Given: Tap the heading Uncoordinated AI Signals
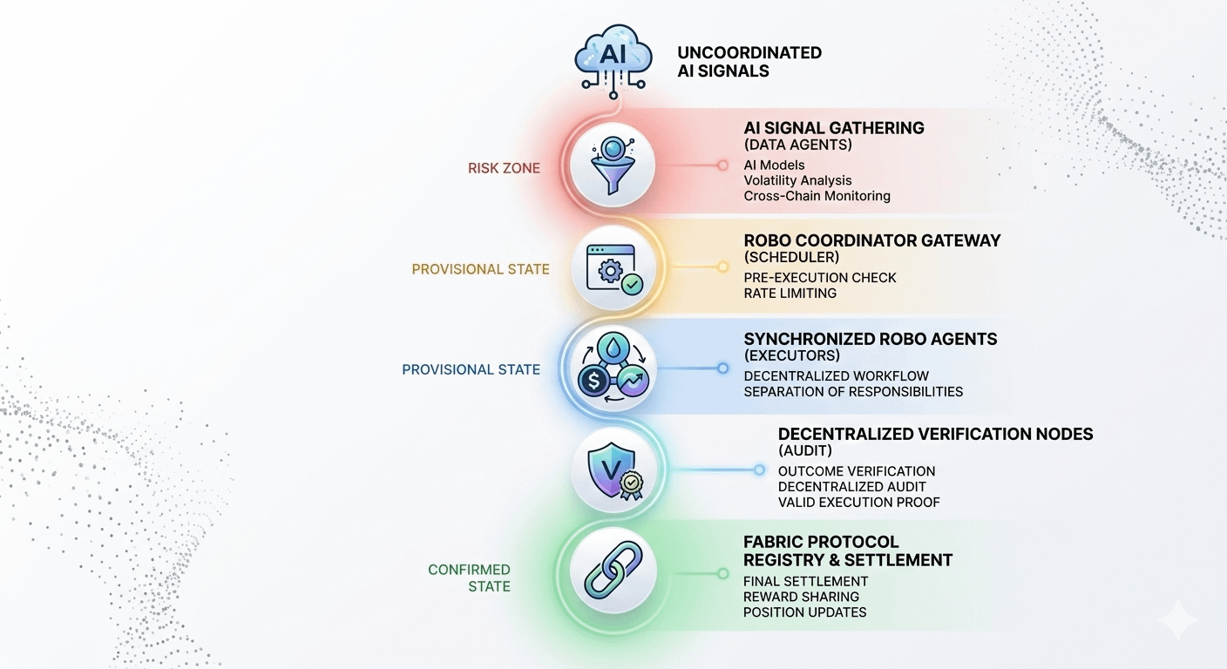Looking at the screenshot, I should pos(749,62).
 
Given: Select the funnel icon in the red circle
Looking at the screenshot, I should pos(612,164).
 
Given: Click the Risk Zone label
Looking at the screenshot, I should pos(504,167).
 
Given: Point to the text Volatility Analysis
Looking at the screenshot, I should pos(797,180).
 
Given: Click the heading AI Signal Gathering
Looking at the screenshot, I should pos(834,128).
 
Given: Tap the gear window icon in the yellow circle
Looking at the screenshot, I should pos(612,269).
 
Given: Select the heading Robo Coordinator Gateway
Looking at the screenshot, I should pos(872,240).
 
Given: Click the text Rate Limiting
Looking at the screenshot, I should pos(790,294).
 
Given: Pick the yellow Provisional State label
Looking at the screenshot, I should pos(480,269).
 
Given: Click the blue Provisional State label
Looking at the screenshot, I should pos(471,369).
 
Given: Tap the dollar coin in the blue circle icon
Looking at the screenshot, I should pos(593,382).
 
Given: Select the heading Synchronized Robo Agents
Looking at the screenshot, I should pos(870,339).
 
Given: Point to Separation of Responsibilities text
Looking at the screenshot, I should pos(853,392).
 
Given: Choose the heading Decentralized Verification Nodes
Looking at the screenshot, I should pos(935,434).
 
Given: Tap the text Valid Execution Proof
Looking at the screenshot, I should pos(858,503).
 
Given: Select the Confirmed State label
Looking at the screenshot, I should pos(470,578).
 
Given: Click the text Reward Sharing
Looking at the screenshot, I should pos(801,597).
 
